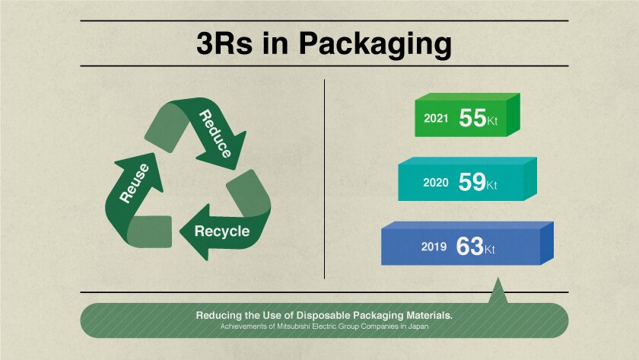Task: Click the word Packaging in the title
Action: coord(375,44)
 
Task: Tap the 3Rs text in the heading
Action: coord(224,43)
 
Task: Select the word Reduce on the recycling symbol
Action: coord(215,133)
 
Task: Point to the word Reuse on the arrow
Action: coord(134,183)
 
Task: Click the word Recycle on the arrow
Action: coord(222,231)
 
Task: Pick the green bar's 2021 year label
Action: coord(436,118)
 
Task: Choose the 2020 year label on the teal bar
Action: coord(435,182)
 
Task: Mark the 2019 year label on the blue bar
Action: coord(434,247)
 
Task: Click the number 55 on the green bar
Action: coord(472,118)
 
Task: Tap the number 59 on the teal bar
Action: coord(472,182)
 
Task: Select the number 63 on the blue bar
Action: coord(469,247)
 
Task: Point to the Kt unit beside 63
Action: coord(489,250)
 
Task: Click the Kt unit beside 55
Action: coord(492,121)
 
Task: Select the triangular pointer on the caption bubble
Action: coord(498,291)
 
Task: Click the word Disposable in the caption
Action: coord(323,315)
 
